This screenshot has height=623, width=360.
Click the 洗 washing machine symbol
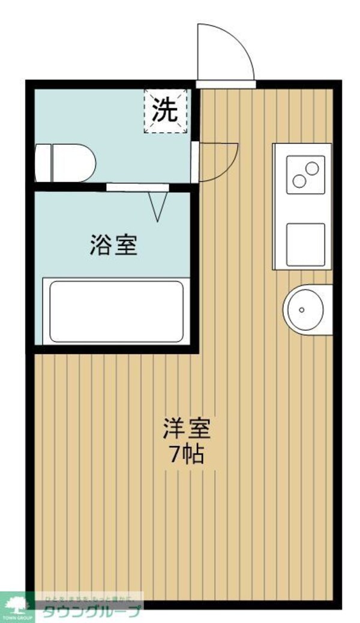click(x=166, y=110)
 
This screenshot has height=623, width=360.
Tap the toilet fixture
click(x=66, y=161)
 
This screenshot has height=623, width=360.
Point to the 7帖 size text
click(x=185, y=456)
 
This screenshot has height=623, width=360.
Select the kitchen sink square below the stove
click(x=306, y=244)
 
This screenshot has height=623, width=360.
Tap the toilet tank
click(x=43, y=161)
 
